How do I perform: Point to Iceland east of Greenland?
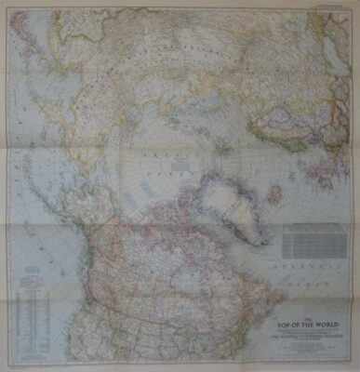point(275,195)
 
